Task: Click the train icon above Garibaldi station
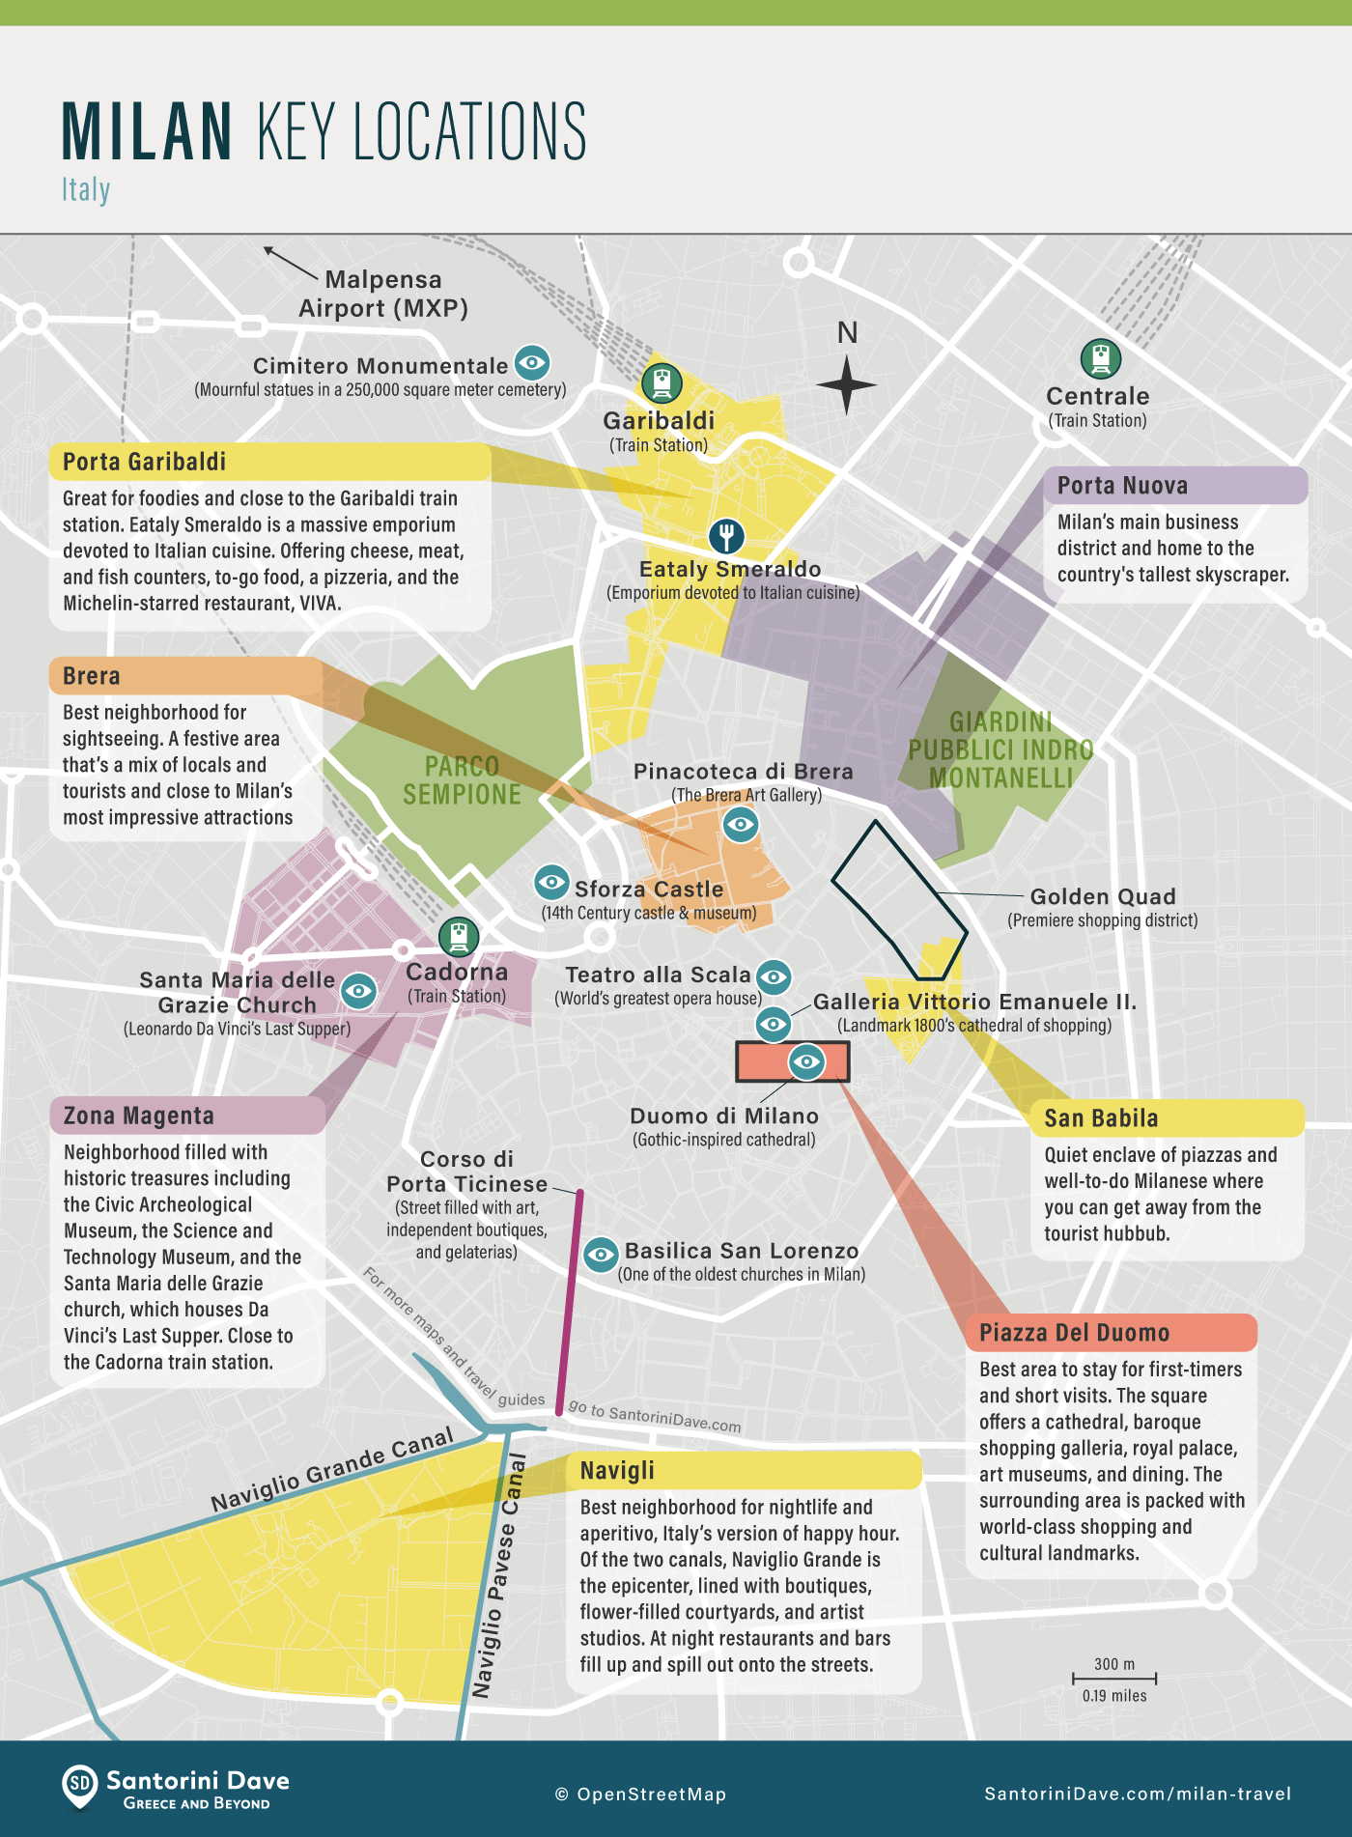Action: pyautogui.click(x=662, y=383)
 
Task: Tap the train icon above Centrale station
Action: pyautogui.click(x=1100, y=358)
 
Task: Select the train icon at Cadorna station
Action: pyautogui.click(x=458, y=936)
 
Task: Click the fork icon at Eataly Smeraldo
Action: pyautogui.click(x=726, y=534)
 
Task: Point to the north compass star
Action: pyautogui.click(x=846, y=384)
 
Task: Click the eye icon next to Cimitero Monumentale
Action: pyautogui.click(x=532, y=363)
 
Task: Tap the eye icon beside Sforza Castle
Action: pyautogui.click(x=551, y=881)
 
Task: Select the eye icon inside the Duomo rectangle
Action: pyautogui.click(x=806, y=1061)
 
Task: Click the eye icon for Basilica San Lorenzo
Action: pyautogui.click(x=601, y=1255)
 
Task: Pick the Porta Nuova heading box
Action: pyautogui.click(x=1174, y=485)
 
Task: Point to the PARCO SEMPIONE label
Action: pyautogui.click(x=462, y=780)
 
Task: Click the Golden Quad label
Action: pyautogui.click(x=1102, y=896)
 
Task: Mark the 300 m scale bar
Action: pyautogui.click(x=1113, y=1679)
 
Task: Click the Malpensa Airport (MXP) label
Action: pyautogui.click(x=383, y=294)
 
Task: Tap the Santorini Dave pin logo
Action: pyautogui.click(x=80, y=1786)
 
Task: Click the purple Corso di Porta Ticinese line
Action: pyautogui.click(x=570, y=1304)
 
